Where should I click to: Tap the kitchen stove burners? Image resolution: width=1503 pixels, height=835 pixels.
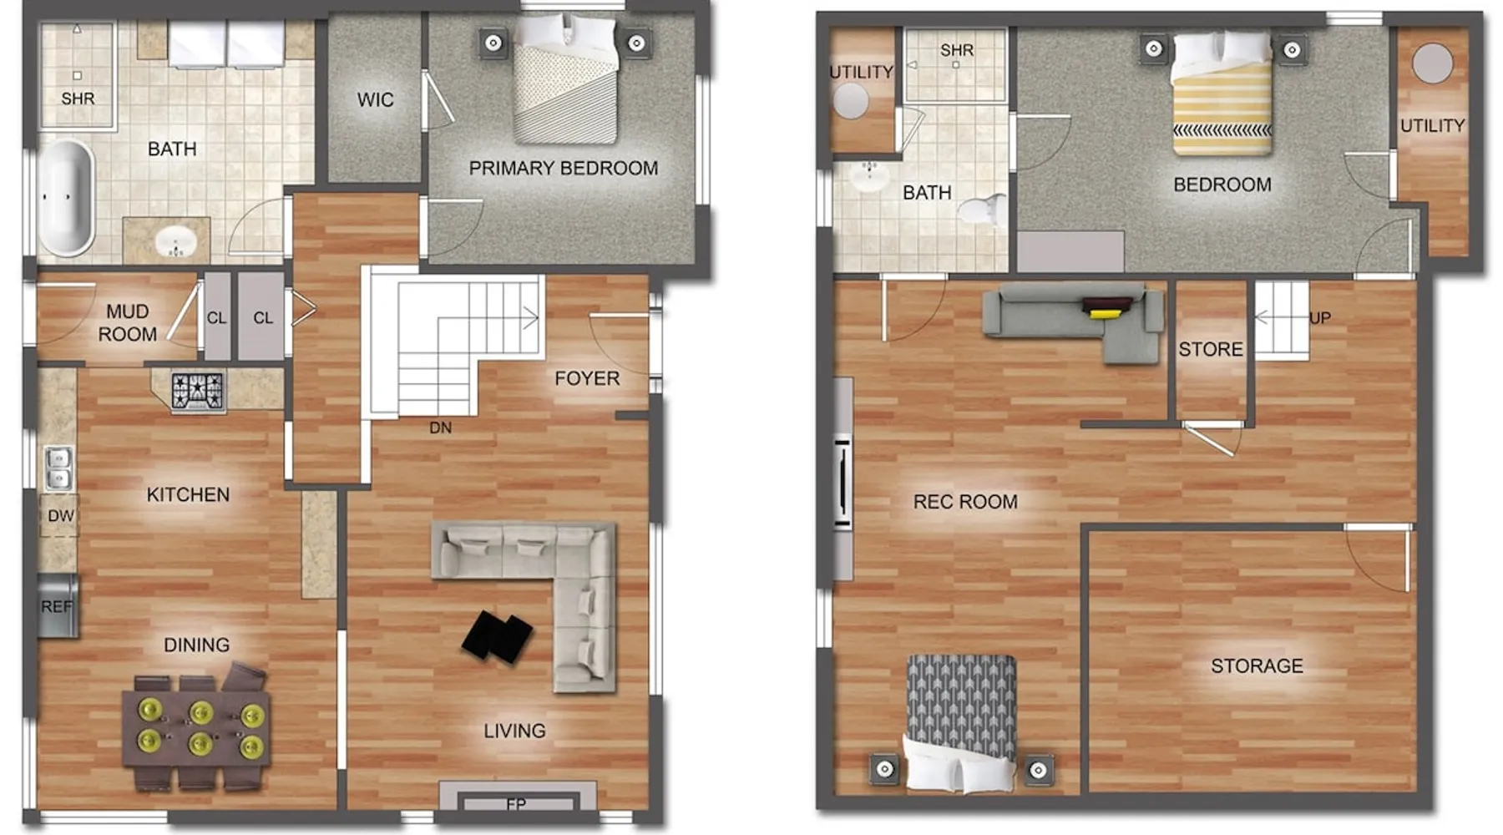[x=198, y=392]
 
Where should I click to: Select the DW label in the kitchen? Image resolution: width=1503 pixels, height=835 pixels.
[x=61, y=516]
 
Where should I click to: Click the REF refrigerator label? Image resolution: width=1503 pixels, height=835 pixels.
[x=57, y=607]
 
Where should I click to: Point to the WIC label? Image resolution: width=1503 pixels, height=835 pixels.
[x=376, y=100]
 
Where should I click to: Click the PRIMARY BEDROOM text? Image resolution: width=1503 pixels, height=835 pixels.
[x=564, y=169]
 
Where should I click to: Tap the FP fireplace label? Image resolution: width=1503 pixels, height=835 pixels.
[x=516, y=804]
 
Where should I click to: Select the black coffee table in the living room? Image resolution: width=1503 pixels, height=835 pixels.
[x=498, y=637]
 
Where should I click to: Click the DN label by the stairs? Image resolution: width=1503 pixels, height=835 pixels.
[x=440, y=428]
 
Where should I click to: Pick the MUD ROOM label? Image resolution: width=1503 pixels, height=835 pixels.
[x=128, y=323]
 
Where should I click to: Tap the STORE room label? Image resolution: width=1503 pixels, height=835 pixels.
[x=1211, y=350]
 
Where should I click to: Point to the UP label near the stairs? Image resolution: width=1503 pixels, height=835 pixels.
[x=1320, y=318]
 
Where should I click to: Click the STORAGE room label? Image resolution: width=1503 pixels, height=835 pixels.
[x=1257, y=666]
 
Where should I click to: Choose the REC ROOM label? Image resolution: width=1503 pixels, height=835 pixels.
[x=965, y=502]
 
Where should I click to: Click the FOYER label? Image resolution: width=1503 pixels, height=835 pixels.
[x=587, y=379]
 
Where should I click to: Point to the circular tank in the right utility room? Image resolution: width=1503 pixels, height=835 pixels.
[x=1433, y=63]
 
